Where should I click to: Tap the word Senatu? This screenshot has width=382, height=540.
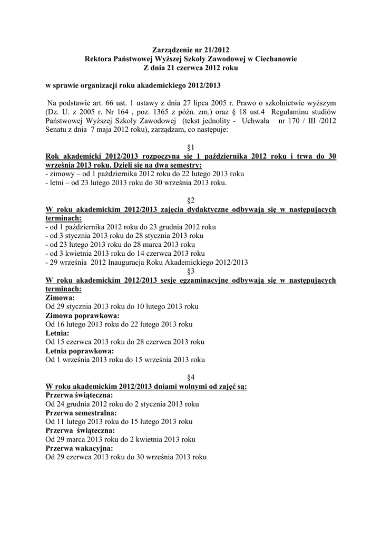(57, 129)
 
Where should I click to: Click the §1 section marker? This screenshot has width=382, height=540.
(191, 147)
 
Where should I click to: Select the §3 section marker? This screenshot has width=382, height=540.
(191, 271)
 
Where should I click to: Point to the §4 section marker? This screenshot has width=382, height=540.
(191, 378)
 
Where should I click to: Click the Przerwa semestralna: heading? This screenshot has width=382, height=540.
(81, 413)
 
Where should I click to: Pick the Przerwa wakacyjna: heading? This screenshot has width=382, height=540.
(79, 448)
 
